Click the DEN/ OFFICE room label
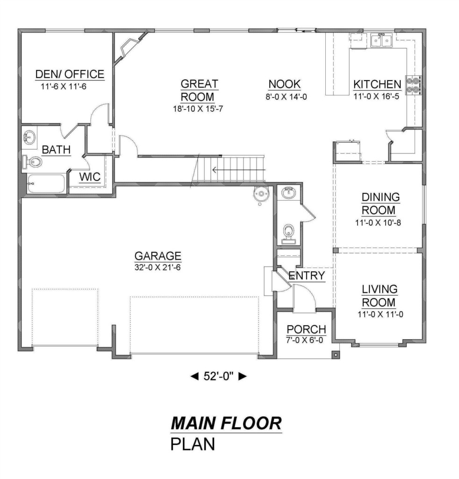[70, 74]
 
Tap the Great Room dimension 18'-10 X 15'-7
[198, 109]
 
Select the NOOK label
[285, 84]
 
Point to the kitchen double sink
[381, 41]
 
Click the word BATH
[56, 150]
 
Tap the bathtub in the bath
[46, 183]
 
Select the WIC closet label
[90, 177]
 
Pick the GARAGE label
[158, 256]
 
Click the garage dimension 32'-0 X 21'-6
[158, 268]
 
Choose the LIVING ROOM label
[380, 296]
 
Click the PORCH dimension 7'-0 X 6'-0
[305, 340]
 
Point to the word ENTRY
[307, 276]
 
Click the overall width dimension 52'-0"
[218, 377]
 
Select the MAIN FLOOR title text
[226, 423]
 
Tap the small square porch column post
[336, 355]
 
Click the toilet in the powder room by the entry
[288, 234]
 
